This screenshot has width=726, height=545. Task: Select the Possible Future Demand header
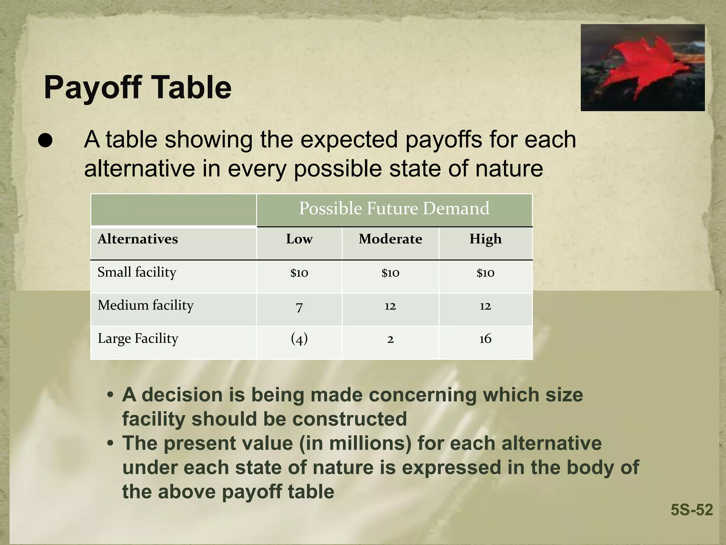[394, 208]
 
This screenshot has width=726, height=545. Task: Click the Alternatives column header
[138, 239]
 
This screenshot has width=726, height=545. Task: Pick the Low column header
[299, 239]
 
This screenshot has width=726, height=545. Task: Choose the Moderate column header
[390, 239]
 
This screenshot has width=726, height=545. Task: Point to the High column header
[485, 239]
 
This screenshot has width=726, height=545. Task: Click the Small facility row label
[137, 272]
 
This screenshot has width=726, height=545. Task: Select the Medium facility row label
[145, 305]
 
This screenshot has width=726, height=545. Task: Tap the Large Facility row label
[138, 338]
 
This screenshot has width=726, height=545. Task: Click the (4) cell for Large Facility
[299, 339]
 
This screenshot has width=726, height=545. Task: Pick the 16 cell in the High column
[485, 339]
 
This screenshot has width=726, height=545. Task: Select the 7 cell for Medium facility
[299, 306]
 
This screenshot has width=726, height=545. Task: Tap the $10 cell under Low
[299, 273]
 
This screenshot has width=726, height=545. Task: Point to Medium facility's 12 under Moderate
[390, 306]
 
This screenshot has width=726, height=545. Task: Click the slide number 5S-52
[692, 510]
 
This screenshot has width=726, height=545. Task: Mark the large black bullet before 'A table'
[45, 141]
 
